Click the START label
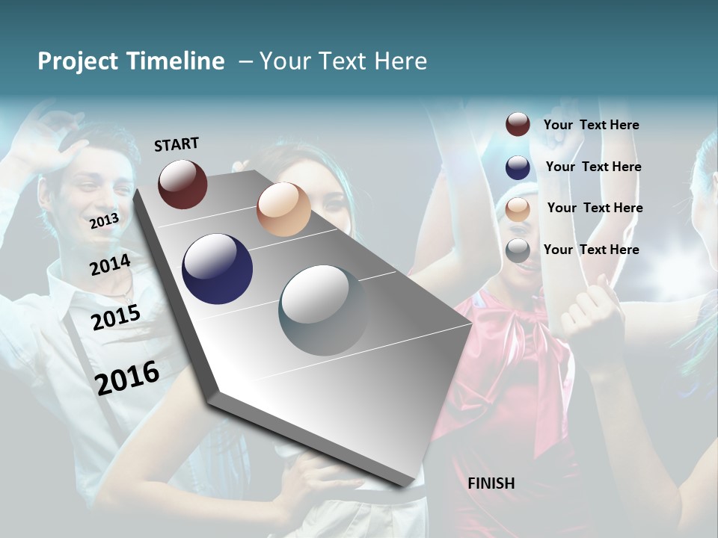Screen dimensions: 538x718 tap(177, 144)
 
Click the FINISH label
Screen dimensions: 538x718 tap(491, 483)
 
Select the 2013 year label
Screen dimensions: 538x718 tap(104, 221)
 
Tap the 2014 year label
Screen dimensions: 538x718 tap(111, 265)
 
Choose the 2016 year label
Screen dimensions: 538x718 tap(127, 378)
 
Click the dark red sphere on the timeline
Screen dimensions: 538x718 tap(182, 184)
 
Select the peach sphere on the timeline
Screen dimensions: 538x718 tap(283, 209)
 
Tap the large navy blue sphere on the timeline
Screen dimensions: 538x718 tap(218, 269)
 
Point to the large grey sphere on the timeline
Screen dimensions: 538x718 tap(324, 310)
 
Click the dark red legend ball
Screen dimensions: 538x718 tap(518, 125)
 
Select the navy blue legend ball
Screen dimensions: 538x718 tap(518, 167)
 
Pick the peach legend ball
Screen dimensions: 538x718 tap(518, 209)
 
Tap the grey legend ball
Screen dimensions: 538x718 tap(518, 250)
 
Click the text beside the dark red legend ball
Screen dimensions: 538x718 tap(592, 126)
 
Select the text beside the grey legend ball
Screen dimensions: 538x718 tap(592, 250)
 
